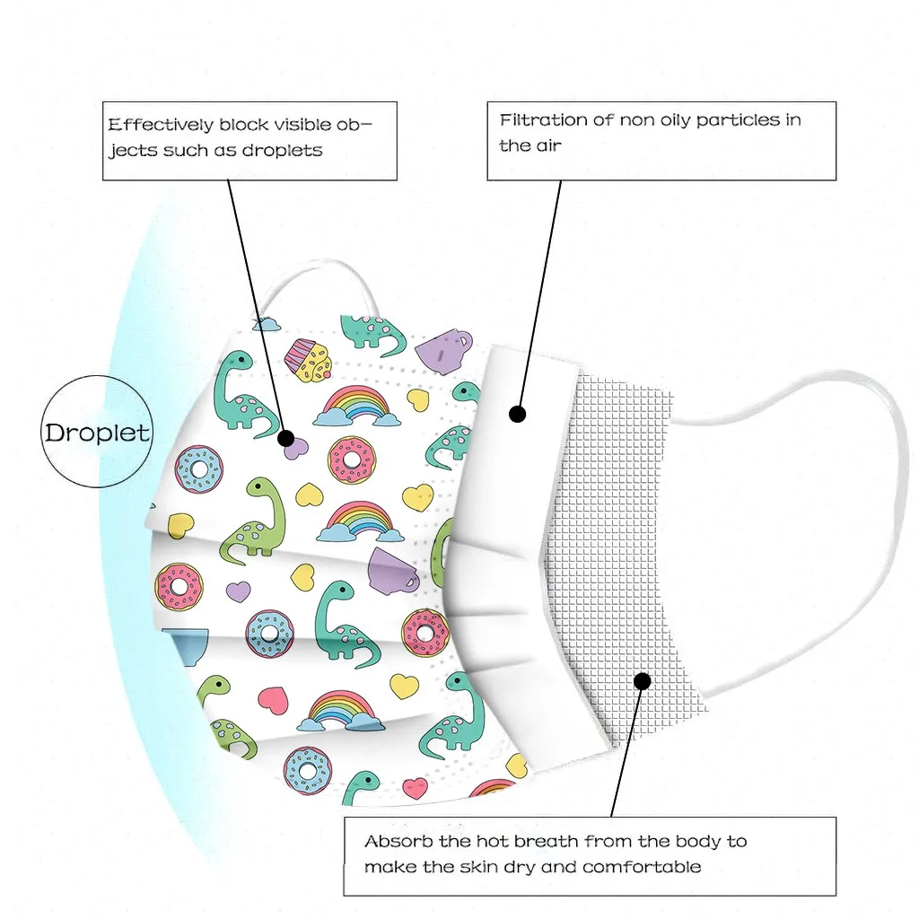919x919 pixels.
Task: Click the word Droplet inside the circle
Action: point(98,433)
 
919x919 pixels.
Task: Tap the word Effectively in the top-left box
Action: point(160,125)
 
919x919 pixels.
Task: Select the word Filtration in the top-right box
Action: point(543,119)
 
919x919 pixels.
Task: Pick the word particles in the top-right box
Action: point(728,119)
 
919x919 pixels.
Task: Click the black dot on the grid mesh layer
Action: point(642,681)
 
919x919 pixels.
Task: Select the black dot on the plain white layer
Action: point(517,414)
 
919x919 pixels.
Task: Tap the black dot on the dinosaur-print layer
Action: point(286,439)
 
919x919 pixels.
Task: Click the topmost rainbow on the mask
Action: point(356,405)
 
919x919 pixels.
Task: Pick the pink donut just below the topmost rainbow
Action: point(352,459)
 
